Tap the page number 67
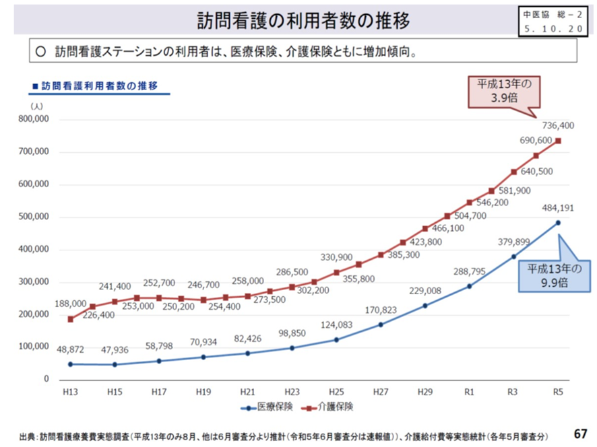(580, 431)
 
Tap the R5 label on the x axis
(558, 391)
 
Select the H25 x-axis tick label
(336, 391)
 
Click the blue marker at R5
(558, 222)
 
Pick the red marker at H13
(71, 318)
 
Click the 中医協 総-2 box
(553, 21)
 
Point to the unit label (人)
(36, 106)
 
